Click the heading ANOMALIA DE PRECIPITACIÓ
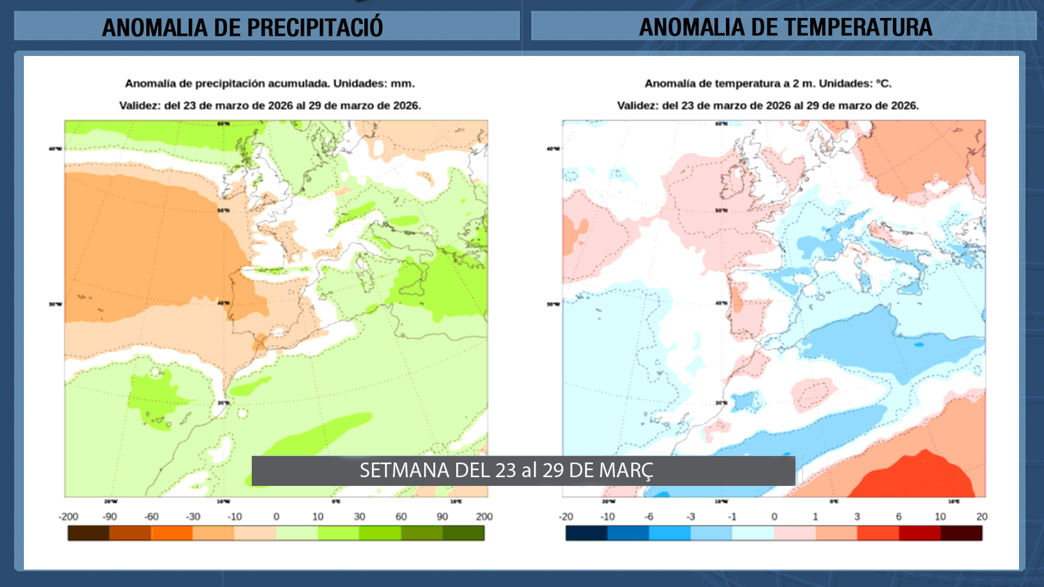243,27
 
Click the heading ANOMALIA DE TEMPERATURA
785,27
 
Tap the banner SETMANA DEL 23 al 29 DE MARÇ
506,470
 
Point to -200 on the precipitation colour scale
69,516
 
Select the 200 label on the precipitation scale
484,516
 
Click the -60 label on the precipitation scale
151,516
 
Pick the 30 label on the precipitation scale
359,516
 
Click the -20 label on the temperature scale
566,516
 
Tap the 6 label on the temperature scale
898,516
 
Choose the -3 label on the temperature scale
691,516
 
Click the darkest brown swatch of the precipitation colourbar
89,533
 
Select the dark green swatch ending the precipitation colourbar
463,533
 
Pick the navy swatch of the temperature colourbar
586,533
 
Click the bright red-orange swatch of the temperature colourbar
878,533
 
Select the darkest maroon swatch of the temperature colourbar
961,533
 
